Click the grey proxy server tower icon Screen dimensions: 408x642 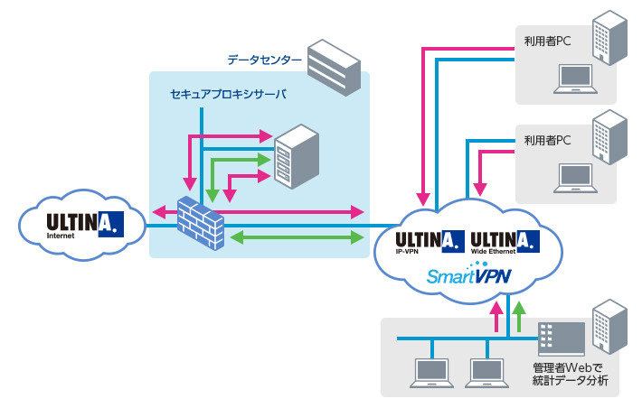(x=297, y=155)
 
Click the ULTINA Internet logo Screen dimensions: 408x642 (x=83, y=222)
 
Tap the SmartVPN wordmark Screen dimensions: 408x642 (x=469, y=276)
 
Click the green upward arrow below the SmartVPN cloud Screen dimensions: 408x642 (x=519, y=319)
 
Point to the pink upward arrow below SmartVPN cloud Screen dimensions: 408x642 (x=495, y=319)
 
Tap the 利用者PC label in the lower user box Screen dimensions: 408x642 (x=547, y=141)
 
